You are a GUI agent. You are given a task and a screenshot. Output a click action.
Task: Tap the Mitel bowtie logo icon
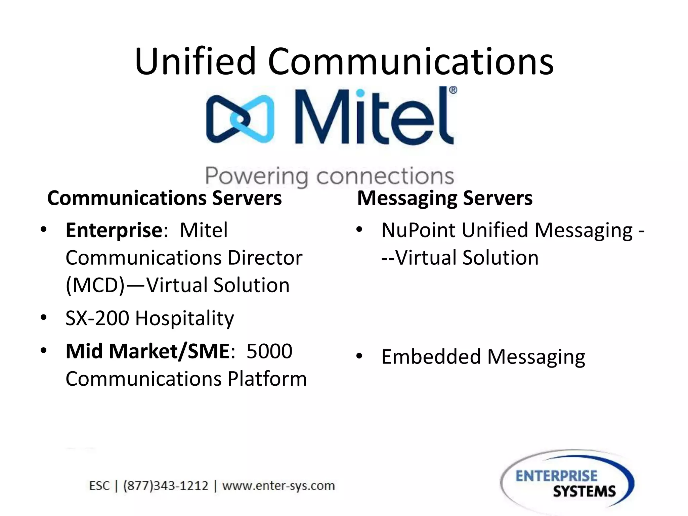tap(240, 119)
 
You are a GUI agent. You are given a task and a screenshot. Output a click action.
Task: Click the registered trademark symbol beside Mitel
tap(453, 90)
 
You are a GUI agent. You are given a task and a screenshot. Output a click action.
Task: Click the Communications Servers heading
tap(164, 198)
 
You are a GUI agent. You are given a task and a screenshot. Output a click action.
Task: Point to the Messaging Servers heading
tap(444, 198)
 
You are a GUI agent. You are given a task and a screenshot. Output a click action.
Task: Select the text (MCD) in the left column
tap(95, 286)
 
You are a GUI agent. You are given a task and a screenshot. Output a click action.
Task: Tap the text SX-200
tap(97, 318)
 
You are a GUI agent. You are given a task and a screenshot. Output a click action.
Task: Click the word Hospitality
tap(184, 318)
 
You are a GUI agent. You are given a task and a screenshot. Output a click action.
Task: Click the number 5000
tap(269, 351)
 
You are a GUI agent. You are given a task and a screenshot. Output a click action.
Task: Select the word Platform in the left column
tap(267, 379)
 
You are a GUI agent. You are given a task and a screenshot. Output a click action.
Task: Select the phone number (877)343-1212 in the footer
tap(166, 486)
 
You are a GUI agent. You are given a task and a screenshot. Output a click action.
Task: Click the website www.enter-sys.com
tap(278, 486)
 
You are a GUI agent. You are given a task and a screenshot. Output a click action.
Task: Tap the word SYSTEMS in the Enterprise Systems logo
tap(584, 492)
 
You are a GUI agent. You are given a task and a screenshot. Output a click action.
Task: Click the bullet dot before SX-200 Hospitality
tap(43, 317)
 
